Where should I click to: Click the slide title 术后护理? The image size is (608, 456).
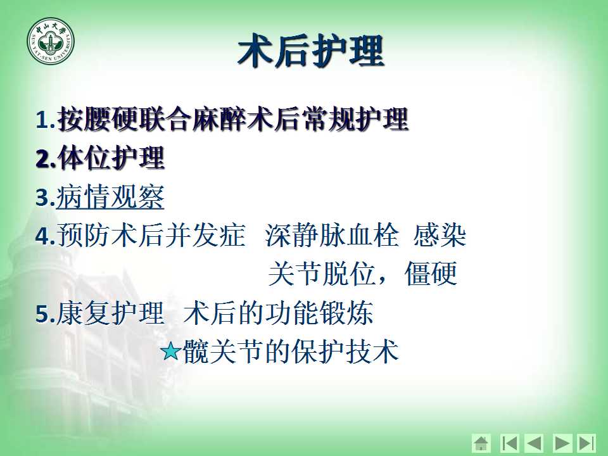pos(311,51)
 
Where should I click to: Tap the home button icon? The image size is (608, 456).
pos(481,443)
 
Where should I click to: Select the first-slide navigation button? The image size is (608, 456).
pos(509,443)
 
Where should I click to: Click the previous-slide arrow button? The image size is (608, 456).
pos(533,443)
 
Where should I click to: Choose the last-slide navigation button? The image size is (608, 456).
pos(586,443)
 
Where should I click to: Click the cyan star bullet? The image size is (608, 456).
pos(170,351)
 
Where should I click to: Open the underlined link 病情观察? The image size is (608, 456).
pos(110,197)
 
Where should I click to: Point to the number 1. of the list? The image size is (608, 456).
pos(45,120)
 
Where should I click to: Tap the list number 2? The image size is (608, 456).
pos(46,158)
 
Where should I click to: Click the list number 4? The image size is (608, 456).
pos(46,236)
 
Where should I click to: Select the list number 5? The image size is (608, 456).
pos(46,313)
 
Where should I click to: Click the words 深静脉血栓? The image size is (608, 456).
pos(332,236)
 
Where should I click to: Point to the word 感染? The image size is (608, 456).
pos(440,236)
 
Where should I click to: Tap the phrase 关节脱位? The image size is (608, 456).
pos(322,274)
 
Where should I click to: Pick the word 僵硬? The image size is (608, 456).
pos(431,274)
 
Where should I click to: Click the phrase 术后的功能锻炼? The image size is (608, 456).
pos(279,313)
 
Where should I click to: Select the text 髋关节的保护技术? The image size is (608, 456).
pos(291,351)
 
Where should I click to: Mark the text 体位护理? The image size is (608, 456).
pos(111,158)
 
